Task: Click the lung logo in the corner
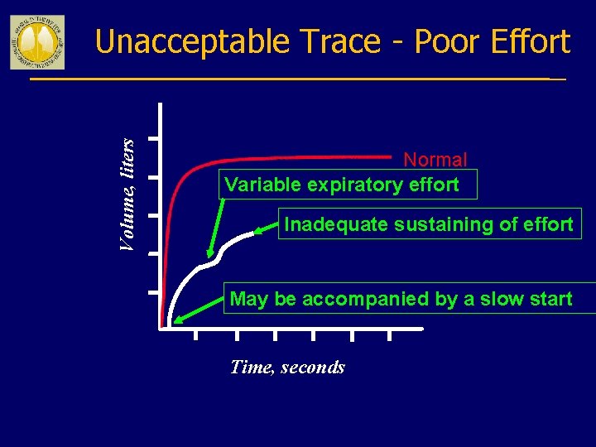click(x=37, y=41)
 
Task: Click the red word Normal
click(x=435, y=159)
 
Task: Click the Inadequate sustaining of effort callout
click(x=429, y=224)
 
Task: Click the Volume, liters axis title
click(x=127, y=195)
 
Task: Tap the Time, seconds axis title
click(x=287, y=367)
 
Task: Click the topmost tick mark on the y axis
click(x=154, y=138)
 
